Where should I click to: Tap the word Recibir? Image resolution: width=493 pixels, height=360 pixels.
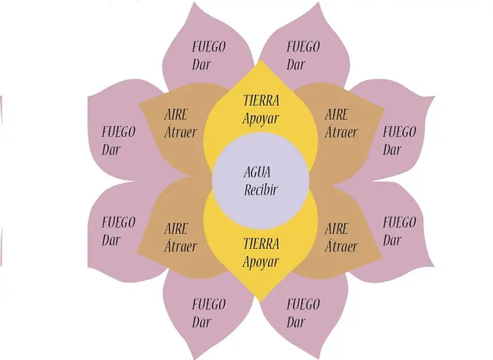click(x=261, y=190)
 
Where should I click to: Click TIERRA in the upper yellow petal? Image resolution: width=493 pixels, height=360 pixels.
click(x=261, y=101)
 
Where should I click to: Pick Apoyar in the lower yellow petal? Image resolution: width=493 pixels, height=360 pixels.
click(x=261, y=262)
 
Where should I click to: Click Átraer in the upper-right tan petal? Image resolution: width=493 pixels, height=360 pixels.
click(x=341, y=133)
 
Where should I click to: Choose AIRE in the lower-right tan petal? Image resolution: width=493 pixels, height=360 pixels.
click(x=337, y=228)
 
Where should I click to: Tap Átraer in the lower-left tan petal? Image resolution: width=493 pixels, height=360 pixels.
click(x=180, y=246)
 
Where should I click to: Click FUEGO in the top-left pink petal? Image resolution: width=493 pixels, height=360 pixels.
click(x=209, y=47)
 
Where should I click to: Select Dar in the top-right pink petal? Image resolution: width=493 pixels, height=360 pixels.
click(x=296, y=65)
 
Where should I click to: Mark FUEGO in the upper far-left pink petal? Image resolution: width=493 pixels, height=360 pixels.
click(x=119, y=132)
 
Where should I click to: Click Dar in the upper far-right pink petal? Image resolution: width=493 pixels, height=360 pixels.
click(x=392, y=150)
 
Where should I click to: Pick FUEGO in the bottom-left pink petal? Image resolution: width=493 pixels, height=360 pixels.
click(x=209, y=304)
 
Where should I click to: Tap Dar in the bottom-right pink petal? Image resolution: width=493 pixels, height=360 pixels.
click(x=296, y=321)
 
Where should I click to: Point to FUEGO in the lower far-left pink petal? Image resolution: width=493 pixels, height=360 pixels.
click(x=119, y=223)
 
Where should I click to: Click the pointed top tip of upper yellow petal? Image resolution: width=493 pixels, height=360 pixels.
click(x=261, y=61)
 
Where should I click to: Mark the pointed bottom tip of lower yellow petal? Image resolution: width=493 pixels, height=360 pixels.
click(x=261, y=301)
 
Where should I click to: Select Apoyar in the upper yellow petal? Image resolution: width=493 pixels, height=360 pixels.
click(x=261, y=119)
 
